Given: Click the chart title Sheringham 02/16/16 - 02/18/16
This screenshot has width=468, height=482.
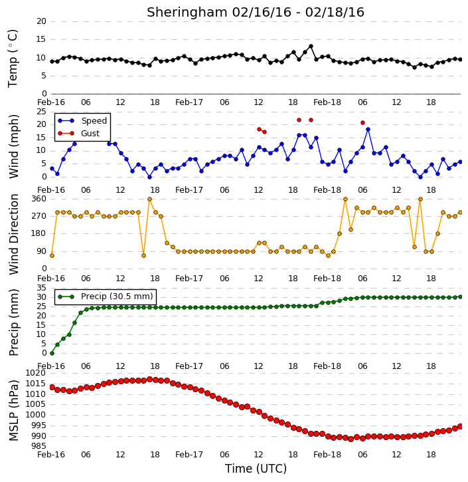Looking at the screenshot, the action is coord(256,13).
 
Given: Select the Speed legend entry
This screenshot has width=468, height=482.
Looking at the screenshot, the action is coord(82,121).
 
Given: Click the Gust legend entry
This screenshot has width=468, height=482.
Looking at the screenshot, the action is coord(79,134).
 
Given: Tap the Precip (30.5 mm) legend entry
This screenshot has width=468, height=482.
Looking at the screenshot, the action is coord(106,297).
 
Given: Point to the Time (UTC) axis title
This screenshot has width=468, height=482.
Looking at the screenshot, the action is coord(256,469).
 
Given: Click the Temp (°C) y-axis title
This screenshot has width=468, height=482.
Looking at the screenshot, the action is coord(13,59).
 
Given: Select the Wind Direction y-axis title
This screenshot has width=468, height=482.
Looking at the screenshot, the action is coord(14,234).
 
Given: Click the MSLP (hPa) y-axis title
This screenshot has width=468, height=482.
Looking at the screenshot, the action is coord(14,410).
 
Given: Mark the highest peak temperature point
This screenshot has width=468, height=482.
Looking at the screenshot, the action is coord(311,47).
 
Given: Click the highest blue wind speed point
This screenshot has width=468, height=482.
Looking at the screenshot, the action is coord(368,130).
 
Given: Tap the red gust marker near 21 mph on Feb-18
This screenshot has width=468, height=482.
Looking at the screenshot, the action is coord(362,122).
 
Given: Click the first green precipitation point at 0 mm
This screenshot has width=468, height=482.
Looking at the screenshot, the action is coord(52,353).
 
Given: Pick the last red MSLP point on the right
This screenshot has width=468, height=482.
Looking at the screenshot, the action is coord(460,426).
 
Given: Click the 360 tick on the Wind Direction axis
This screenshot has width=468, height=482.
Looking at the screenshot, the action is coord(39,199).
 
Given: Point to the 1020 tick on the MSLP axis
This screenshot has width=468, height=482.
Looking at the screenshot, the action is coord(36,373).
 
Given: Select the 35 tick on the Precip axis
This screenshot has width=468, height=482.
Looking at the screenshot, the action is coord(41,288).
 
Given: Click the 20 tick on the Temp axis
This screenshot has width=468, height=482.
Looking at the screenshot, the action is coord(41,21).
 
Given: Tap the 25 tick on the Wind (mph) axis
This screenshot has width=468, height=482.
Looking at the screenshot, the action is coord(41,112).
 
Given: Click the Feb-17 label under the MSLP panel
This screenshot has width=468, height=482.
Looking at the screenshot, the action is coord(189,454).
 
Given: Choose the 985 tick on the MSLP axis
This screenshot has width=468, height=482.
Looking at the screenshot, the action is coord(39,446).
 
